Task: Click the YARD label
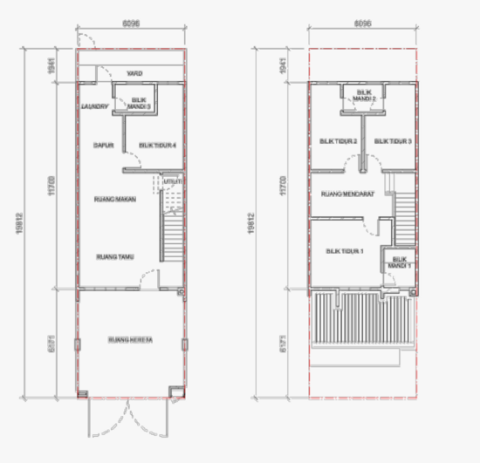134,73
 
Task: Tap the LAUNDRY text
93,106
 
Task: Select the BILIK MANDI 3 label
141,104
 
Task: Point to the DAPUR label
105,145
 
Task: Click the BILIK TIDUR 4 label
158,145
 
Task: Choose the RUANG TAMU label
113,256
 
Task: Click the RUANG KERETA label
130,339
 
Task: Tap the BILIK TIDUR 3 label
392,140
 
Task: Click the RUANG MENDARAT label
347,194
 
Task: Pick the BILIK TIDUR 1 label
345,251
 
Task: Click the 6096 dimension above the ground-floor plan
132,24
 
